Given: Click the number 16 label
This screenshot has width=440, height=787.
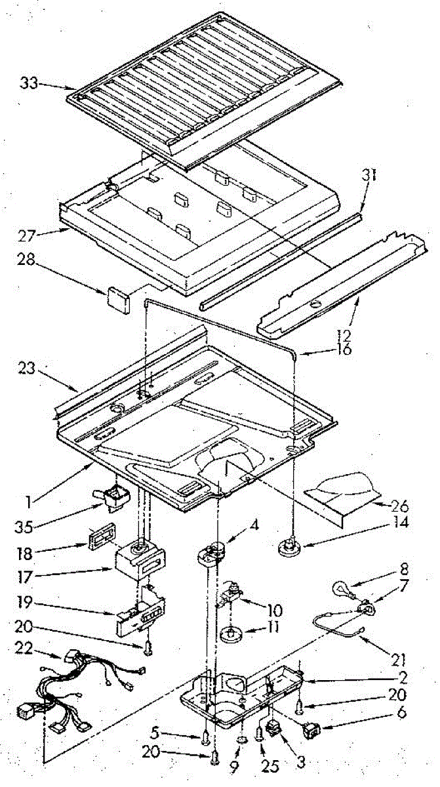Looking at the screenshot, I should pyautogui.click(x=343, y=349).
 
